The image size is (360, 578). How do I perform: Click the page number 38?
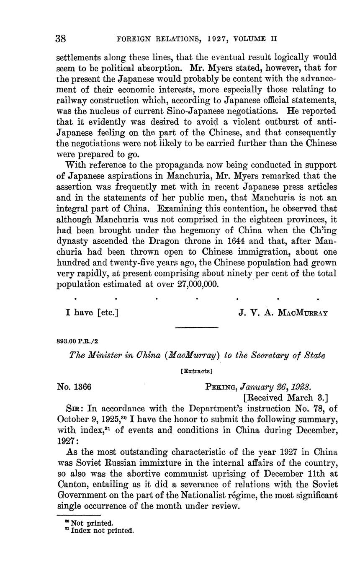[61, 39]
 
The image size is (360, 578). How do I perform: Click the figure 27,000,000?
[193, 284]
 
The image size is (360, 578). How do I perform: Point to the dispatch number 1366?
[82, 387]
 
